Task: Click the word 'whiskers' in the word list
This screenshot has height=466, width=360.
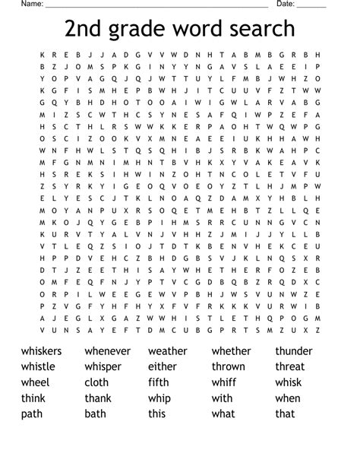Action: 42,351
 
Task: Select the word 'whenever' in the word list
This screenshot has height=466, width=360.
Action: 107,351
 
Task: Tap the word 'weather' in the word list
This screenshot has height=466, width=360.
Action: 167,351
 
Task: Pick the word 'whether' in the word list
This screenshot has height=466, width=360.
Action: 231,351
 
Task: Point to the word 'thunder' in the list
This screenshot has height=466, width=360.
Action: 294,351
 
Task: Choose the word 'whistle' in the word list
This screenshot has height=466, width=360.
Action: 38,366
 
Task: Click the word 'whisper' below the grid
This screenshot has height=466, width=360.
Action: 103,366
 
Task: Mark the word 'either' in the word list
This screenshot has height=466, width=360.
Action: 163,366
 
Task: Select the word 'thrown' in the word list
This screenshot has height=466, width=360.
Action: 229,366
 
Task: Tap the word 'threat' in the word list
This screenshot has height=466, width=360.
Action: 290,366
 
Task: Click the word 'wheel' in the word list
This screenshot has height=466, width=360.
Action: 35,382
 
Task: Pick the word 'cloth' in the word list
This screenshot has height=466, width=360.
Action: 96,382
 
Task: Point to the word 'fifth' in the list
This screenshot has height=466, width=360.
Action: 159,382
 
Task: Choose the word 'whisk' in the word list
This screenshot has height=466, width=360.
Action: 289,382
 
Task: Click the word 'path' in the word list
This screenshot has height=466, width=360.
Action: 33,414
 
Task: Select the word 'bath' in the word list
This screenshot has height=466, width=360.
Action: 96,414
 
